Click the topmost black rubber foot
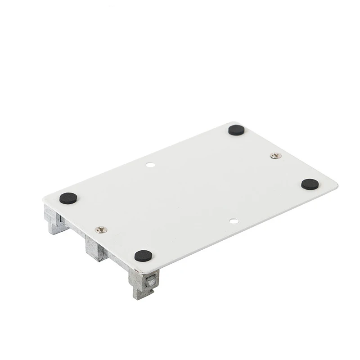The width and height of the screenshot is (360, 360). (236, 130)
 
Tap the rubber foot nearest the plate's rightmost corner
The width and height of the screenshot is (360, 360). (310, 184)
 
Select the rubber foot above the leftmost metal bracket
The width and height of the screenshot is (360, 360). (68, 198)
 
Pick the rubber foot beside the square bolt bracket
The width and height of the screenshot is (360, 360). (143, 256)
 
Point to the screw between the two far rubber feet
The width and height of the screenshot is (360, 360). (276, 156)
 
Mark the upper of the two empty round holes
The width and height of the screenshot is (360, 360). (151, 165)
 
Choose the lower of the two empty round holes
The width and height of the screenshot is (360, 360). (233, 221)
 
